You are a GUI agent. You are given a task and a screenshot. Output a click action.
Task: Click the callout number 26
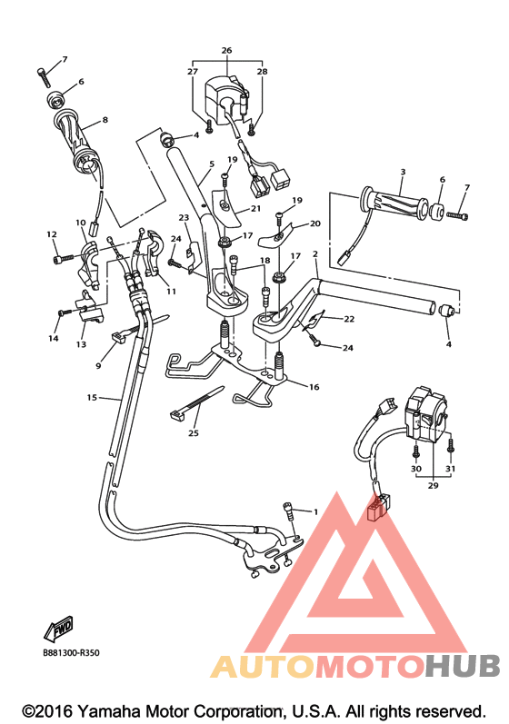226,50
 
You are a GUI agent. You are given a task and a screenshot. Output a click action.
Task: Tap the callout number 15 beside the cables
93,397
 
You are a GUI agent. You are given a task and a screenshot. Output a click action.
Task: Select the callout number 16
314,386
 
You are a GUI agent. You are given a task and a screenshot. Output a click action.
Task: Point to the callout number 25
194,432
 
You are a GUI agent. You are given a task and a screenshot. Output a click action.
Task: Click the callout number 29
433,485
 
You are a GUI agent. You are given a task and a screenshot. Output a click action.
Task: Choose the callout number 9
98,366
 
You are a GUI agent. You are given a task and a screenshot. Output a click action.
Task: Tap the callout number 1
316,511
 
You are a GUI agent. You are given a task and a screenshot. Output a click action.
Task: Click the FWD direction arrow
59,629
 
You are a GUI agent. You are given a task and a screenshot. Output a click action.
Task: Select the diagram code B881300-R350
71,653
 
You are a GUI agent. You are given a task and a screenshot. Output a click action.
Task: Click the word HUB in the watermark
463,666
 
